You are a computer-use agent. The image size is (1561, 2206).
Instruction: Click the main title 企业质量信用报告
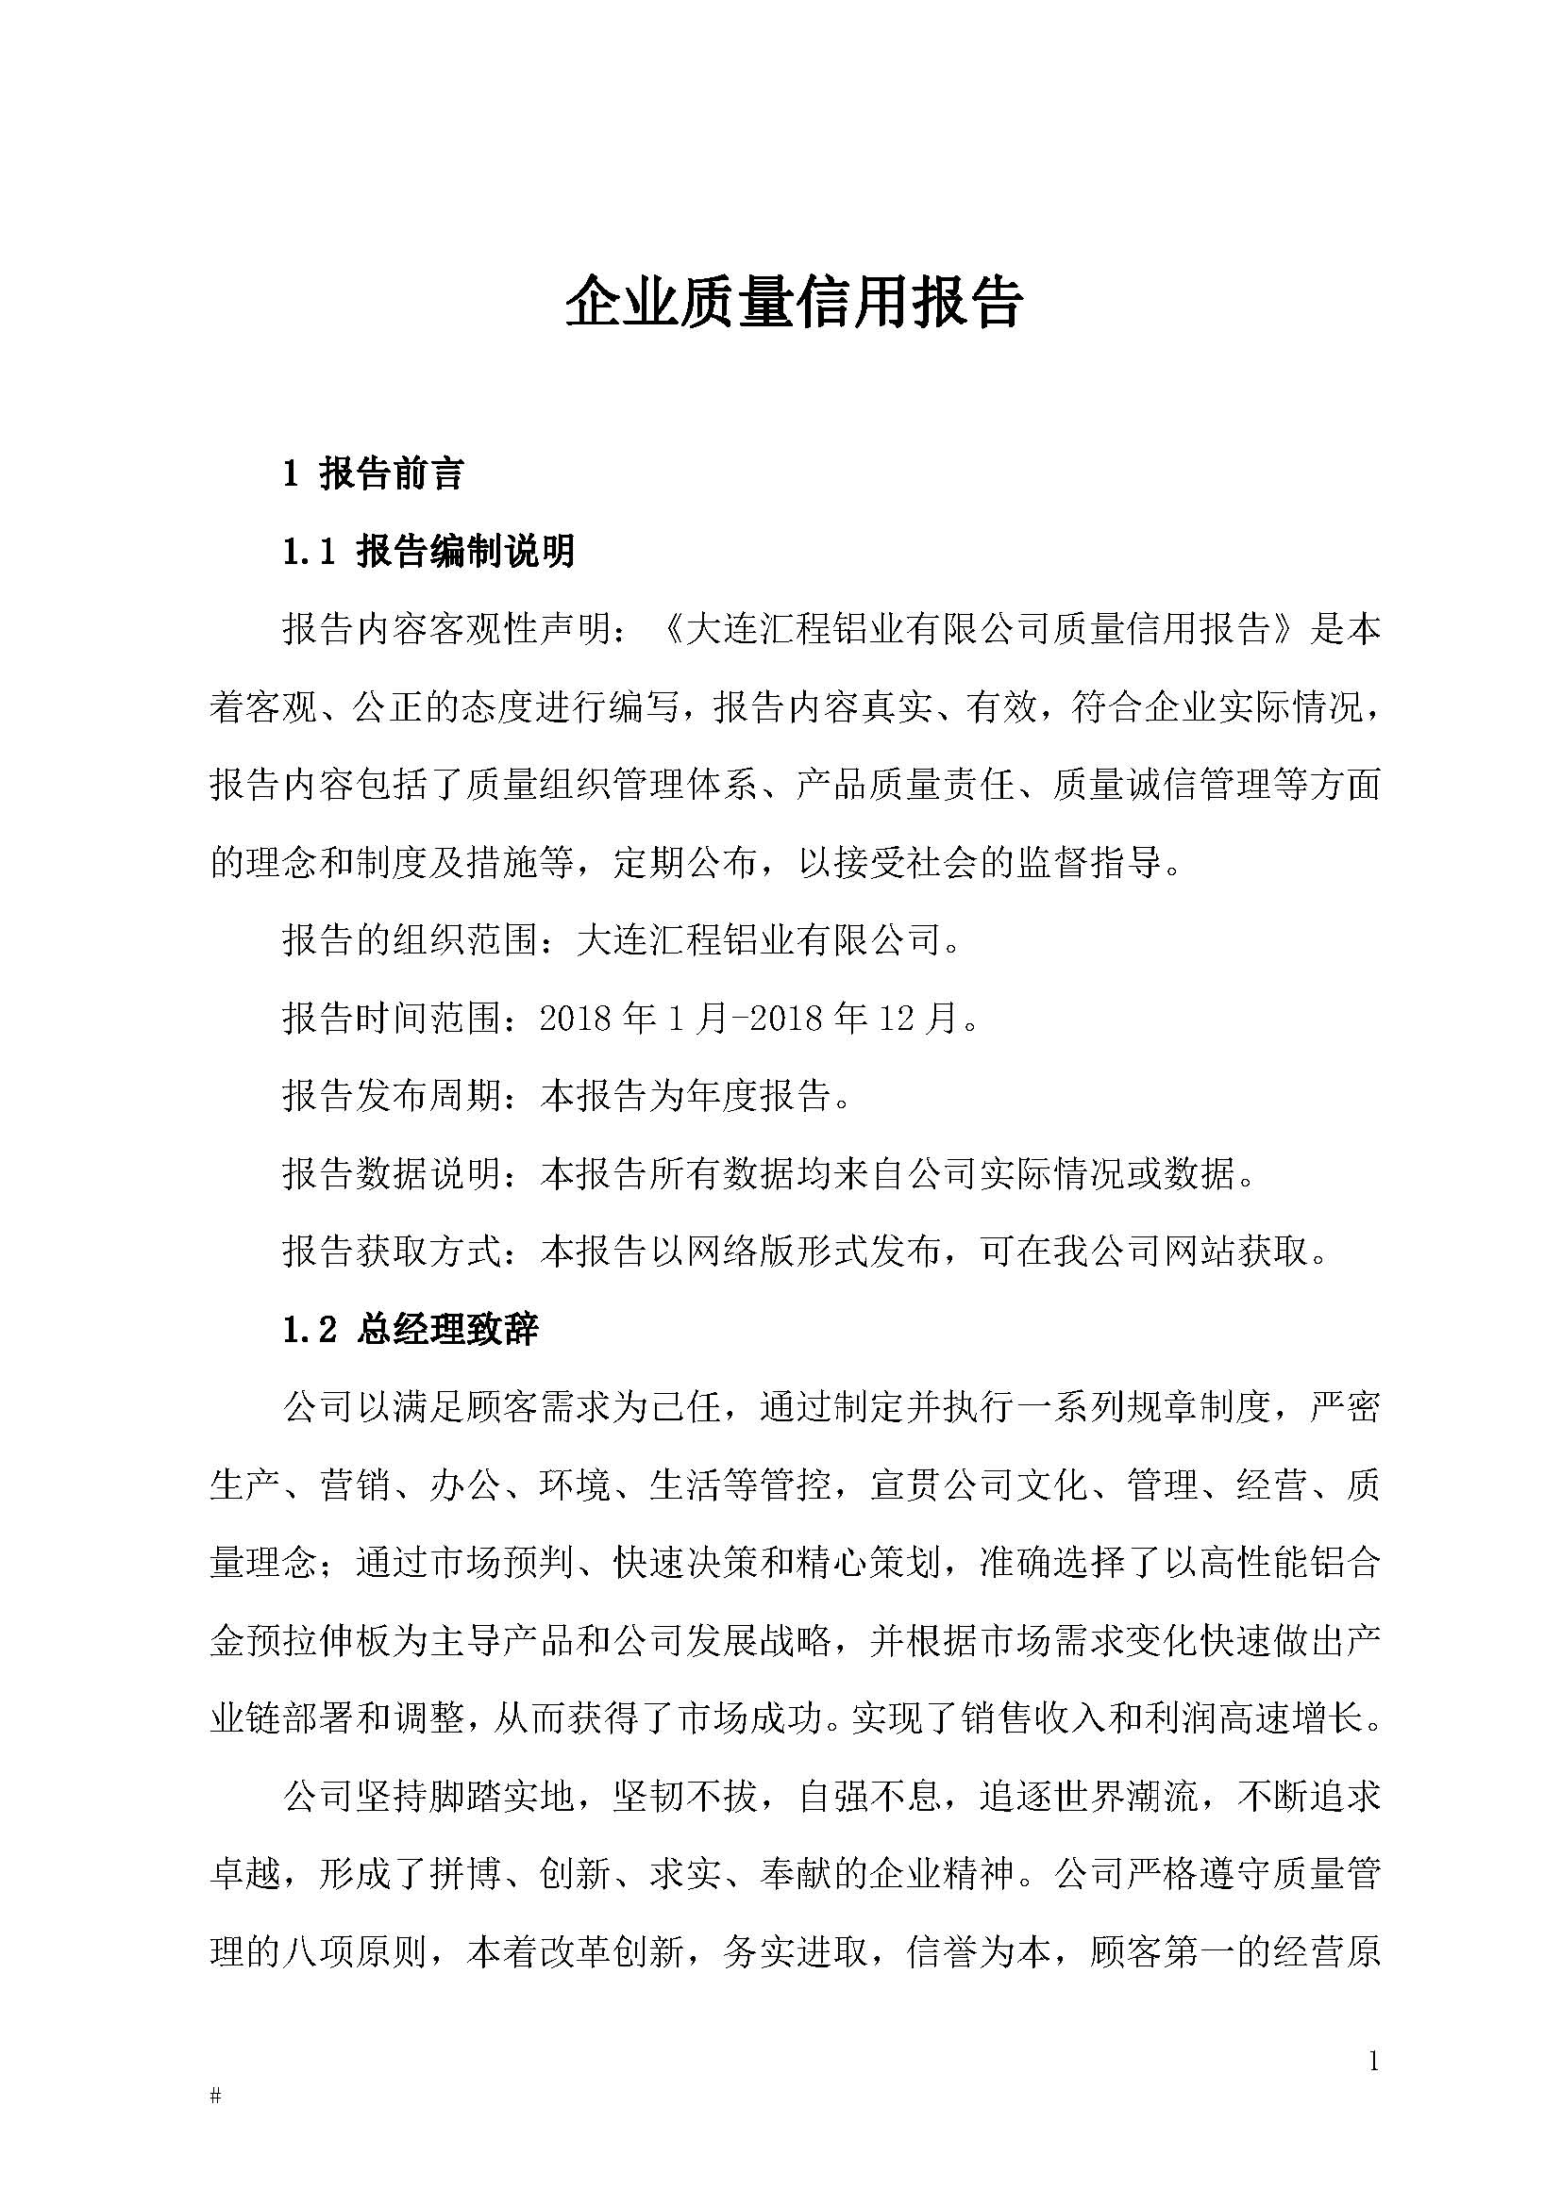click(x=794, y=304)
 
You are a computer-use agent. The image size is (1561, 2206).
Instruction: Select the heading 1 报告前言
click(x=373, y=473)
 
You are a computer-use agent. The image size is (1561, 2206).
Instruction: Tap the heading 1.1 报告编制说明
click(x=428, y=552)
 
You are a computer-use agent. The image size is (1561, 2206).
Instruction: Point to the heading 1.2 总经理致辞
click(x=411, y=1329)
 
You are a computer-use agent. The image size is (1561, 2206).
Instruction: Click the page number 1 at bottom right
click(x=1373, y=2061)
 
